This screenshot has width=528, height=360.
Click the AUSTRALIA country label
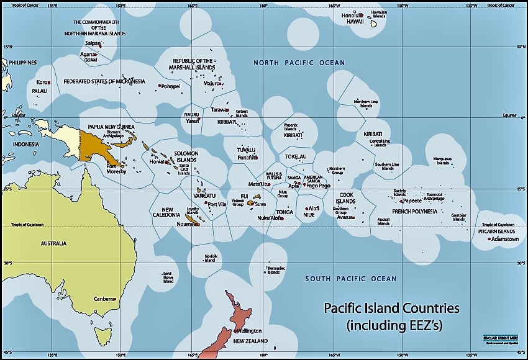[x=53, y=243]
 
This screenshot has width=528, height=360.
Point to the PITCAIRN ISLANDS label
[x=497, y=231]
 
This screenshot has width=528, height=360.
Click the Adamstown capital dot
[x=490, y=239]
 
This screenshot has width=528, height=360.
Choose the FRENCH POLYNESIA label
[x=414, y=212]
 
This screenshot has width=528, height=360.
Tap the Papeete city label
[x=413, y=200]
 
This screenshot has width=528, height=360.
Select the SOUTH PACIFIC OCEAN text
[x=351, y=279]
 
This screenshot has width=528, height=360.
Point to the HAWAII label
[x=356, y=22]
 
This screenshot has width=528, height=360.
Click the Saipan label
[x=91, y=43]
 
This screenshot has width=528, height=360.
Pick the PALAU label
[x=39, y=91]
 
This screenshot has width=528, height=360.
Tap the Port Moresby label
[x=116, y=168]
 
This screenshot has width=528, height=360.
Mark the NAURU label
[x=191, y=115]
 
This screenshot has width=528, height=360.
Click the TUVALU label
[x=247, y=150]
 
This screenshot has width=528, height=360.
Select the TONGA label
[x=284, y=212]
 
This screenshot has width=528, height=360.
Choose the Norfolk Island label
[x=210, y=258]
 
